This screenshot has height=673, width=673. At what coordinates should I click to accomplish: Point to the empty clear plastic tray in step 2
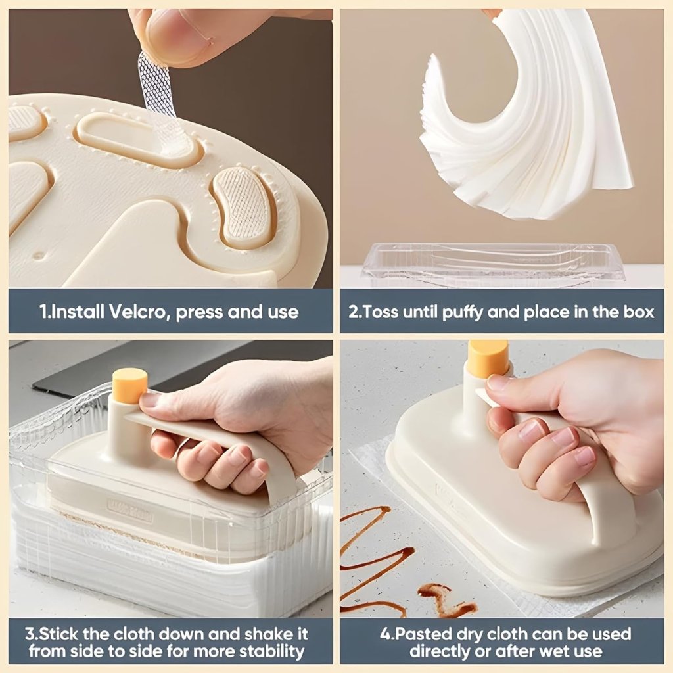(x=493, y=263)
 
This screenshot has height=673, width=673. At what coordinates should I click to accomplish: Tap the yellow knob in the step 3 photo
(x=129, y=385)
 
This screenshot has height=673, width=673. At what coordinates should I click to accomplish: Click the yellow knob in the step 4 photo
(x=488, y=358)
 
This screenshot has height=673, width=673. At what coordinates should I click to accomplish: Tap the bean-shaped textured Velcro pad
(x=243, y=205)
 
